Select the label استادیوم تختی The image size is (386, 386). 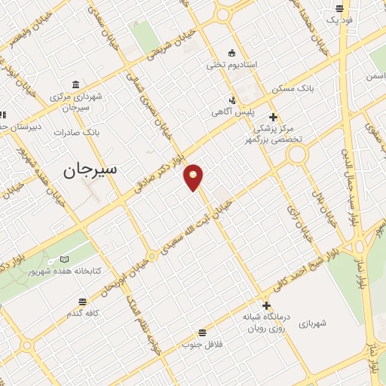233,65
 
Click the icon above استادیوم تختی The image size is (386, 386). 232,53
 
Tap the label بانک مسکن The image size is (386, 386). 294,89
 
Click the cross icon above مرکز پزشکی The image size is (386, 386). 273,116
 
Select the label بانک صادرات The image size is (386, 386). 77,132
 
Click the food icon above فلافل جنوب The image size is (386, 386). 201,332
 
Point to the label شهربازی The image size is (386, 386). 311,323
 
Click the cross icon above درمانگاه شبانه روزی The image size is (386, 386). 266,305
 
